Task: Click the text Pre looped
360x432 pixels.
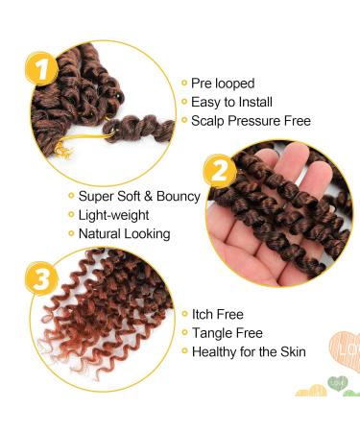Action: [x=223, y=84]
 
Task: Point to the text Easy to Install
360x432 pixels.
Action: [x=231, y=102]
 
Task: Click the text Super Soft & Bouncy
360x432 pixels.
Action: [x=138, y=196]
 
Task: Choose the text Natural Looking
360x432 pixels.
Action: [x=125, y=233]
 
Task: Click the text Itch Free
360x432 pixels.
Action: [x=218, y=314]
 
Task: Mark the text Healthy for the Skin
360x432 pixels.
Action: [x=249, y=352]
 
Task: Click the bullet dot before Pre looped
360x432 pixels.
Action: [x=182, y=84]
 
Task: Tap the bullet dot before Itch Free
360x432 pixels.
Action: [x=182, y=314]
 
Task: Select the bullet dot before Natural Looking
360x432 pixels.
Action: [x=69, y=233]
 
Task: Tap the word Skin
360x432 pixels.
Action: [x=292, y=352]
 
